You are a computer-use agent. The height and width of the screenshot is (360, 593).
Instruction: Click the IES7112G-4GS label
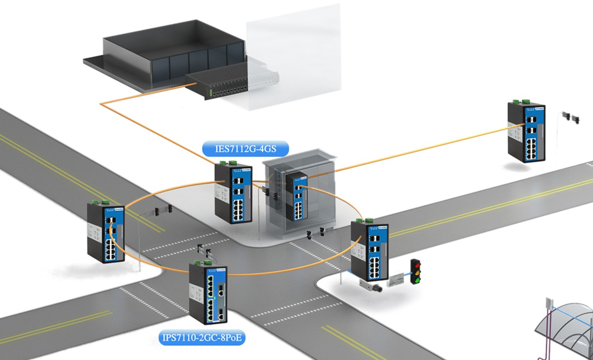pos(245,148)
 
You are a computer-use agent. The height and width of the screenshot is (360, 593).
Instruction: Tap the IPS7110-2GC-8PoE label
pos(202,338)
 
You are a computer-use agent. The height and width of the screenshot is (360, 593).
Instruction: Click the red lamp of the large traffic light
pos(416,264)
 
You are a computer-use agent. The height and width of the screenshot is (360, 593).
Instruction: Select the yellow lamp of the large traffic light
pos(417,272)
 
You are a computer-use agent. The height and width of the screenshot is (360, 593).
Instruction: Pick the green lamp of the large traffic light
pos(417,280)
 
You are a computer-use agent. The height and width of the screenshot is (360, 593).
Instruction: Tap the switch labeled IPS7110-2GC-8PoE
pos(208,293)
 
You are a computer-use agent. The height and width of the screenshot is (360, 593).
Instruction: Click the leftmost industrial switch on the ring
pos(106,233)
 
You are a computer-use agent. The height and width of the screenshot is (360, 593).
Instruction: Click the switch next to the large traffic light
pos(369,250)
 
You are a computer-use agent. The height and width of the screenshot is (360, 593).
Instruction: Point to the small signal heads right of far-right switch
pos(571,117)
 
